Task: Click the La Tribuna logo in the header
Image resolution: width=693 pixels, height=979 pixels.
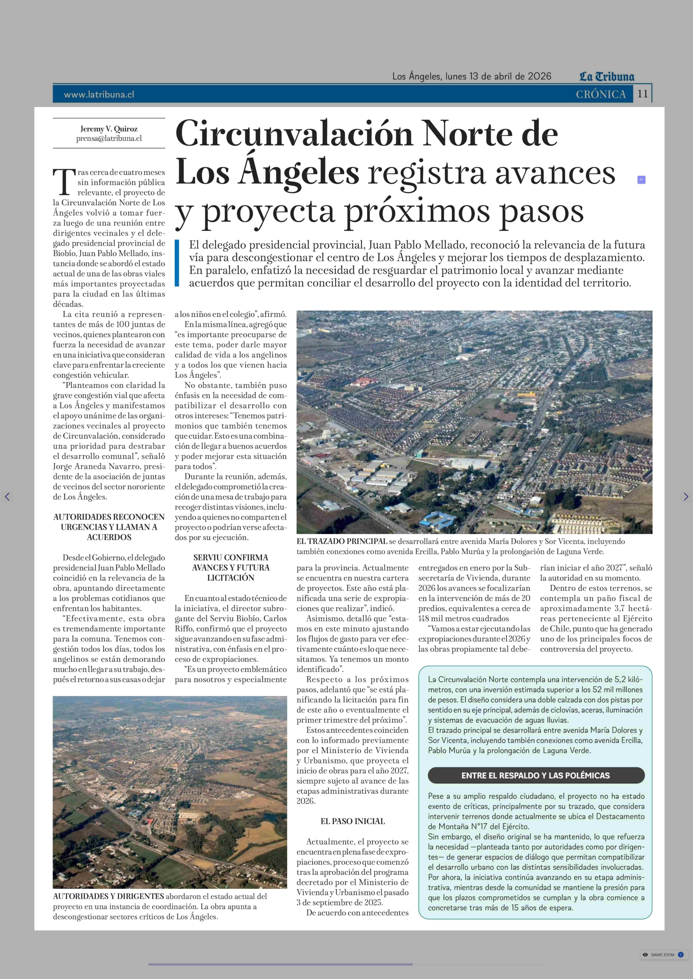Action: click(606, 77)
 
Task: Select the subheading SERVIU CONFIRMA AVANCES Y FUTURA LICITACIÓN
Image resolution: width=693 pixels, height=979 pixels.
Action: click(230, 567)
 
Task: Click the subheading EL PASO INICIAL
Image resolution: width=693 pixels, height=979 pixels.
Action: click(352, 821)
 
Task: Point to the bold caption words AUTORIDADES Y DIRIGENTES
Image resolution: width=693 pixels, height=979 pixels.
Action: click(108, 896)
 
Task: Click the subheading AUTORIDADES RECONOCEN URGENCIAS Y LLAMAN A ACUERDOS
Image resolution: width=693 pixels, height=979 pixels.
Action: click(109, 527)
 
